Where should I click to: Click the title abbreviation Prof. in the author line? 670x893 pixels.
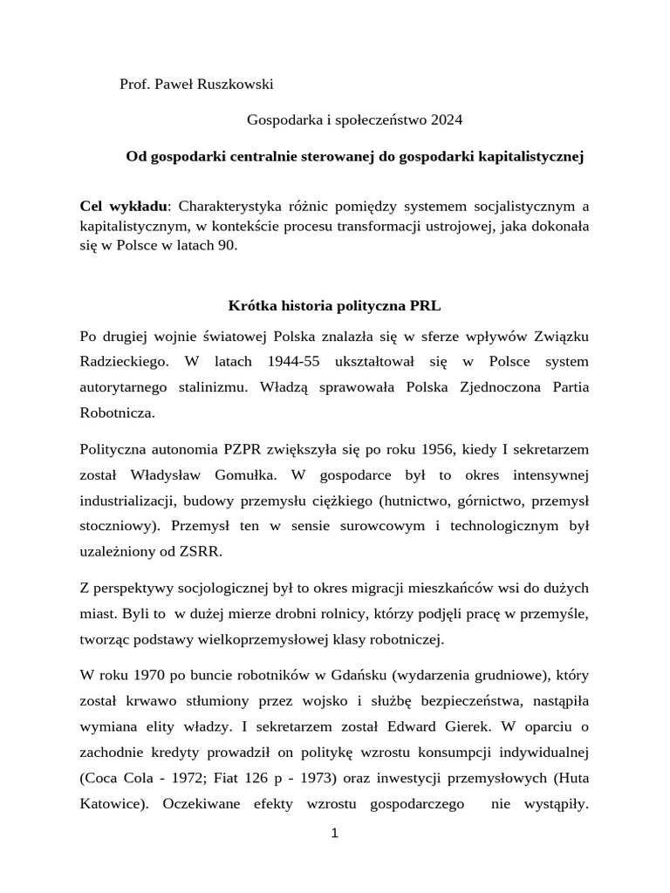pos(134,84)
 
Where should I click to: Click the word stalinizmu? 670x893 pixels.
pos(203,387)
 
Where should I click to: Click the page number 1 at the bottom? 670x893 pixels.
pos(334,834)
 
